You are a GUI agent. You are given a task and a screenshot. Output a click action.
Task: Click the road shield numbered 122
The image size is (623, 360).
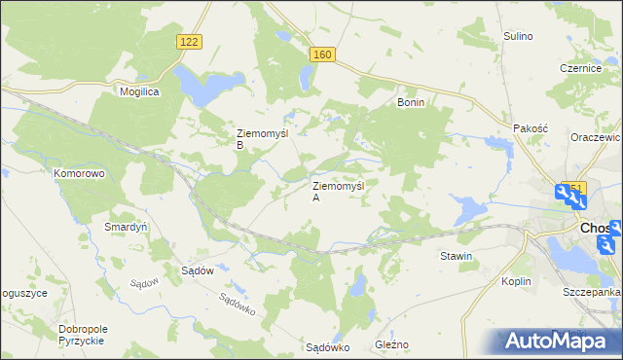pyautogui.click(x=190, y=41)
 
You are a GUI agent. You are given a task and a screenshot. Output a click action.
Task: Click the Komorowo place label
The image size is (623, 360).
pyautogui.click(x=79, y=173)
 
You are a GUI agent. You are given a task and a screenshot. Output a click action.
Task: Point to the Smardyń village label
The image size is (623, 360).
pyautogui.click(x=125, y=227)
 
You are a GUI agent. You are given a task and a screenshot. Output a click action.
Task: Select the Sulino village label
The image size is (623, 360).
pyautogui.click(x=518, y=36)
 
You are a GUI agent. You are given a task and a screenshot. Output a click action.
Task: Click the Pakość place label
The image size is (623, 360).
pyautogui.click(x=531, y=127)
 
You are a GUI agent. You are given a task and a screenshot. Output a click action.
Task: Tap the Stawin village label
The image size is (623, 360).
pyautogui.click(x=456, y=257)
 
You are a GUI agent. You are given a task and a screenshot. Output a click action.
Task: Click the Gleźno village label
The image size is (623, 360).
pyautogui.click(x=392, y=344)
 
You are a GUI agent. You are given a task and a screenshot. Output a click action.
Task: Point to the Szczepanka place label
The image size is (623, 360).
pyautogui.click(x=591, y=292)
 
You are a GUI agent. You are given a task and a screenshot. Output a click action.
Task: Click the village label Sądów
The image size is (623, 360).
pyautogui.click(x=198, y=271)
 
